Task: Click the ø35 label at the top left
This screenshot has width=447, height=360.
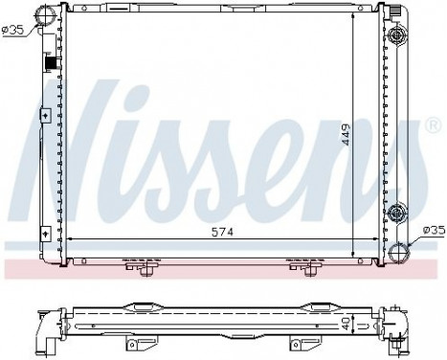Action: [x=14, y=30]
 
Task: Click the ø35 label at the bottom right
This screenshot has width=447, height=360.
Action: [x=434, y=230]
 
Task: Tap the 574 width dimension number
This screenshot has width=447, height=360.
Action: [x=222, y=231]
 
